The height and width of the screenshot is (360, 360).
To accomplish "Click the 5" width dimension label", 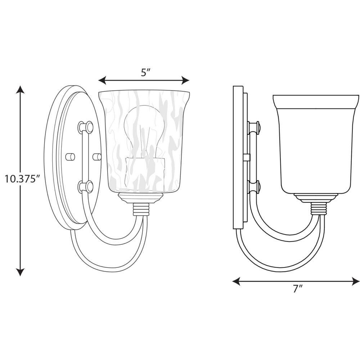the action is click(145, 73).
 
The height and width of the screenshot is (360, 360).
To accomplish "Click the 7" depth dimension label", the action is click(298, 288).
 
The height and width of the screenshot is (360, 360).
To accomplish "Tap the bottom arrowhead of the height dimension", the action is click(20, 272).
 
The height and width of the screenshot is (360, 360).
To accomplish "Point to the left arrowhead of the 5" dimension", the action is click(102, 80).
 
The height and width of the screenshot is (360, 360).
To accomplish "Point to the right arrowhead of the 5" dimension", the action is click(185, 80).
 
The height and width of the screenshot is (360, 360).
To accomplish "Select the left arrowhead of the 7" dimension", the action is click(236, 281).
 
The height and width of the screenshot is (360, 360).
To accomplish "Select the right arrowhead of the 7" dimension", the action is click(356, 281).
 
